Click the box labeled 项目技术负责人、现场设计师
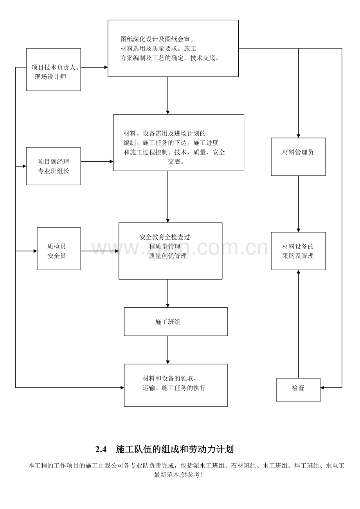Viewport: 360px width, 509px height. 54,70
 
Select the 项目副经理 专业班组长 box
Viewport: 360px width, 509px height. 54,166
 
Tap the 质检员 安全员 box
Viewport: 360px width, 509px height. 59,249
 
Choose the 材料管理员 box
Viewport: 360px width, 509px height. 299,157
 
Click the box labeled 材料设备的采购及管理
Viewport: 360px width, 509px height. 299,251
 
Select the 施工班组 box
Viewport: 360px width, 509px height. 176,322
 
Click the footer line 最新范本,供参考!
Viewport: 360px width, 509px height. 178,475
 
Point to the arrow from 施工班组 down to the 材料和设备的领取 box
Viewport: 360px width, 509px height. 168,350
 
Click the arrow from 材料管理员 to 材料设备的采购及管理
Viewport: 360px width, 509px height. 299,204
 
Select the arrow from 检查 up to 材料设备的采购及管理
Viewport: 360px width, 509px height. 299,324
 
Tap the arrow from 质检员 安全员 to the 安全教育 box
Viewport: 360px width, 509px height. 100,251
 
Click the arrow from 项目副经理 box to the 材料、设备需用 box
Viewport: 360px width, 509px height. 97,161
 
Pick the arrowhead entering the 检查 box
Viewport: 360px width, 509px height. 322,388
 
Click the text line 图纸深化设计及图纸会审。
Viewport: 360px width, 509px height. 157,39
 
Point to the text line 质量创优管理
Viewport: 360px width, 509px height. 168,256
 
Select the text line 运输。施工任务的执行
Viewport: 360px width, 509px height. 174,388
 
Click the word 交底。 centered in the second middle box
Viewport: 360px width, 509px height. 176,161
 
